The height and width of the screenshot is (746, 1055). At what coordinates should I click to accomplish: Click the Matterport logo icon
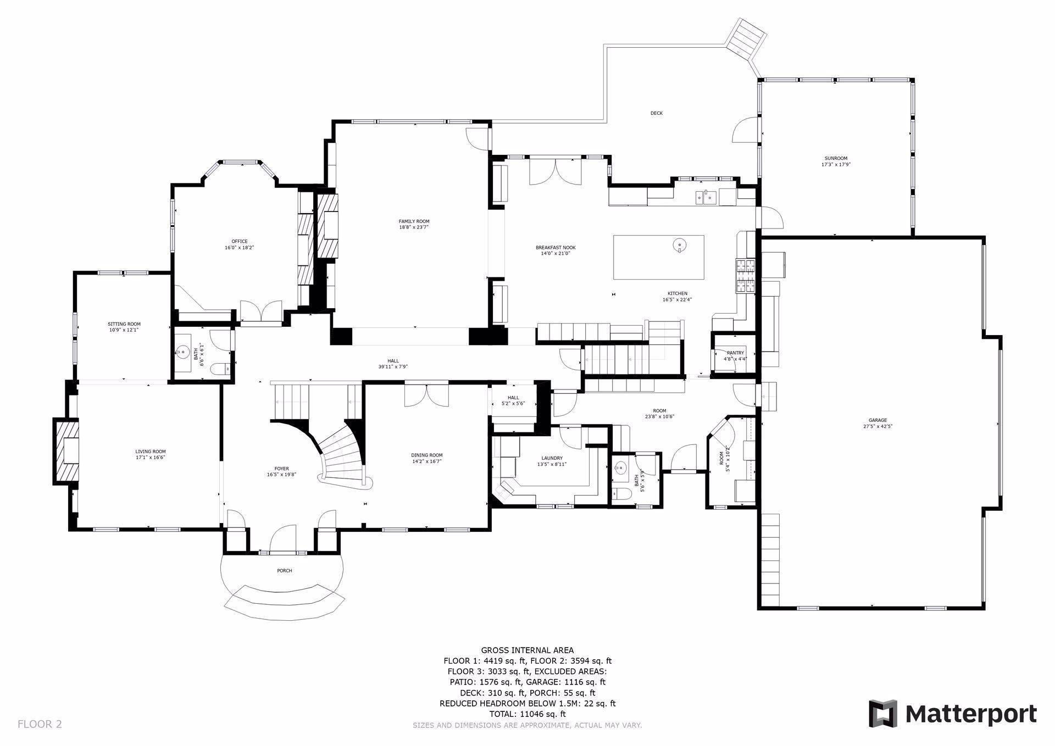point(882,714)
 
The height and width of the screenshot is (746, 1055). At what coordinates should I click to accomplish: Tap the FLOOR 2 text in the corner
point(40,724)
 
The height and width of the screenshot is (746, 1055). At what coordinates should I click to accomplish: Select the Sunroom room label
point(836,158)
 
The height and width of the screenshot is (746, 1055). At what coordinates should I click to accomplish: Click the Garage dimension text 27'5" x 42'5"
point(878,426)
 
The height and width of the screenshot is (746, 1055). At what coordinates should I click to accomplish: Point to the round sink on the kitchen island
point(680,245)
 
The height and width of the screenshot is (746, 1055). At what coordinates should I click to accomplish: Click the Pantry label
point(735,353)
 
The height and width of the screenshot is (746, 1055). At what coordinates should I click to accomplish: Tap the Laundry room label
point(552,458)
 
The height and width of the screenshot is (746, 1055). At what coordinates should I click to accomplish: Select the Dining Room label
point(426,455)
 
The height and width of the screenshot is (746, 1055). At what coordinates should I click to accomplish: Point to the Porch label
point(285,571)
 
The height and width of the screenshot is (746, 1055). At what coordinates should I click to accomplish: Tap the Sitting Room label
point(124,324)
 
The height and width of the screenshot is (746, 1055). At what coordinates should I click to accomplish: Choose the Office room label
point(240,241)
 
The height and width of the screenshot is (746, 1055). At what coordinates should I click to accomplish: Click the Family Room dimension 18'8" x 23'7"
point(414,227)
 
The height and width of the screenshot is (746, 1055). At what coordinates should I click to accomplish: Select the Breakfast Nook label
point(556,247)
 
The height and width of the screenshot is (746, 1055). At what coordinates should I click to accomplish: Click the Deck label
point(657,113)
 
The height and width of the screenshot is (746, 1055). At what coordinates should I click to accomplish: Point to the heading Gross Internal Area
point(527,650)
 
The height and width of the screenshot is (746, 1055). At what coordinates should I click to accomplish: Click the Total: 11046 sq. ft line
point(527,714)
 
